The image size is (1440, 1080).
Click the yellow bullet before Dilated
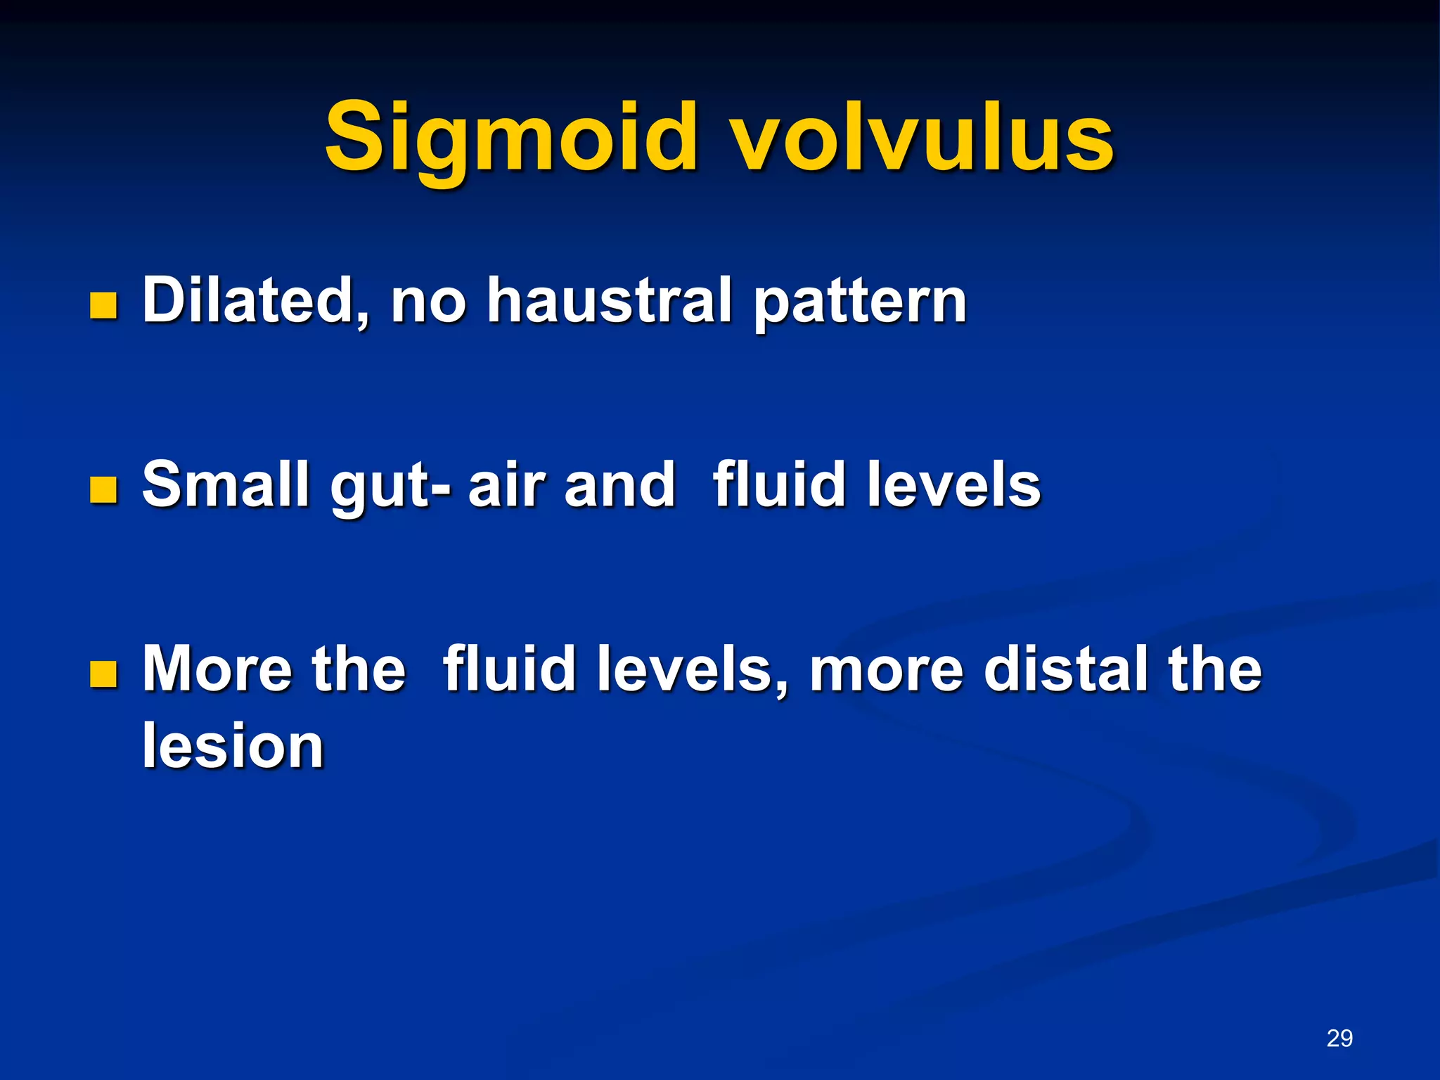point(103,307)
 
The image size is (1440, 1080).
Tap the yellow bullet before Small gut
point(103,490)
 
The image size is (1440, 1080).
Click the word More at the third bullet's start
point(217,669)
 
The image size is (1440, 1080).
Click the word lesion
point(233,746)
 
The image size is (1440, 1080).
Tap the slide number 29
point(1339,1039)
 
